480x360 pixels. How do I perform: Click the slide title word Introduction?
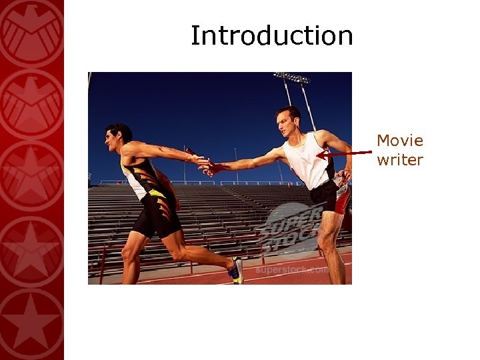pos(271,35)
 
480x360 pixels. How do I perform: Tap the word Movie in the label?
pos(399,141)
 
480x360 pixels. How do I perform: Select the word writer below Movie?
pos(399,160)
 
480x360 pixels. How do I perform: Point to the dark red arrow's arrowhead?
pos(321,155)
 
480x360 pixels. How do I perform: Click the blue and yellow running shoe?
pos(236,271)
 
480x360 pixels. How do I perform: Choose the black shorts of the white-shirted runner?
pos(324,194)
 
